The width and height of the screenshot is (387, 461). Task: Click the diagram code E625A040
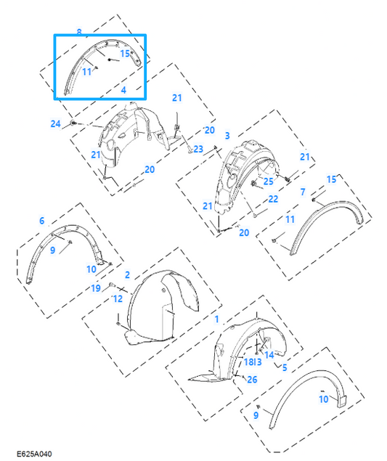pyautogui.click(x=34, y=454)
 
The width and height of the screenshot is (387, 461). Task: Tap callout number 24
pyautogui.click(x=56, y=123)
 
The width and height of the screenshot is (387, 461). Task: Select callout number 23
pyautogui.click(x=198, y=149)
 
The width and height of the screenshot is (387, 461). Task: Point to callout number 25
pyautogui.click(x=268, y=181)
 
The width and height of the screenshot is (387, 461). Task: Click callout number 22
pyautogui.click(x=273, y=199)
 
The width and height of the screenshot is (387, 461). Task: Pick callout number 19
pyautogui.click(x=96, y=288)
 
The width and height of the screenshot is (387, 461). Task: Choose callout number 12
pyautogui.click(x=118, y=298)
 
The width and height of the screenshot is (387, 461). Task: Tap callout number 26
pyautogui.click(x=252, y=380)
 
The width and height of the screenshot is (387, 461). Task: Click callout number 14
pyautogui.click(x=269, y=355)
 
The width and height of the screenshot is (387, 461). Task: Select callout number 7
pyautogui.click(x=303, y=192)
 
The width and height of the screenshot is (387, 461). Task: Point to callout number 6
pyautogui.click(x=42, y=221)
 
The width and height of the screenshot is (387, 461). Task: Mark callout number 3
pyautogui.click(x=227, y=136)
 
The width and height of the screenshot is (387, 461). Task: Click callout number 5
pyautogui.click(x=285, y=367)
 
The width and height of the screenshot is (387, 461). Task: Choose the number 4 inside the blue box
pyautogui.click(x=123, y=90)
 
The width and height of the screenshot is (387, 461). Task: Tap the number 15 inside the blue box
pyautogui.click(x=125, y=54)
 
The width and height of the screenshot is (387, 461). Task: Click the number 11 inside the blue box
pyautogui.click(x=86, y=72)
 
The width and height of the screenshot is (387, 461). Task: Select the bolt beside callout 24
pyautogui.click(x=73, y=123)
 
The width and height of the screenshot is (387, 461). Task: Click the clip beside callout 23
pyautogui.click(x=190, y=151)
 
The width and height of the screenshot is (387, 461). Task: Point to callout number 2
pyautogui.click(x=127, y=275)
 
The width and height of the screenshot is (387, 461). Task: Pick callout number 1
pyautogui.click(x=216, y=319)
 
